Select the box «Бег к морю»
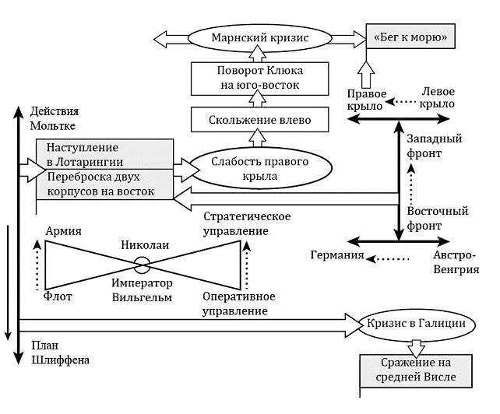411,37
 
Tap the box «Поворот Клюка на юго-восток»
257,78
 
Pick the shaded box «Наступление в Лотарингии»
103,153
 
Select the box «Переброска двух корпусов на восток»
103,184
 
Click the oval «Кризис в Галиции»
418,323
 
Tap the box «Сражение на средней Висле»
417,371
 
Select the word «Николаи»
145,246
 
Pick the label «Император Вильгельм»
141,289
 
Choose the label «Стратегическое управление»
235,223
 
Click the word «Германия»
337,255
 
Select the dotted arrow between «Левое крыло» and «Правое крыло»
402,102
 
